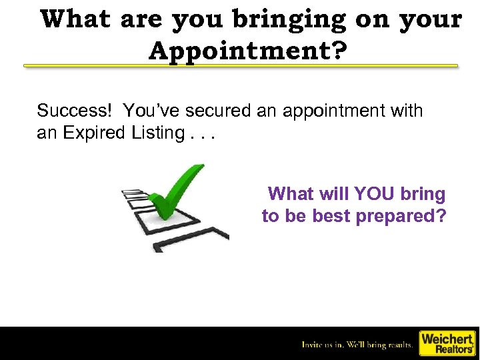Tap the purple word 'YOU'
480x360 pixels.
click(378, 194)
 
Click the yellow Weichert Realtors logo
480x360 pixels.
click(446, 343)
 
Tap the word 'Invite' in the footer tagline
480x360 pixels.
click(312, 345)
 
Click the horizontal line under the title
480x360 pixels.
click(241, 66)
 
